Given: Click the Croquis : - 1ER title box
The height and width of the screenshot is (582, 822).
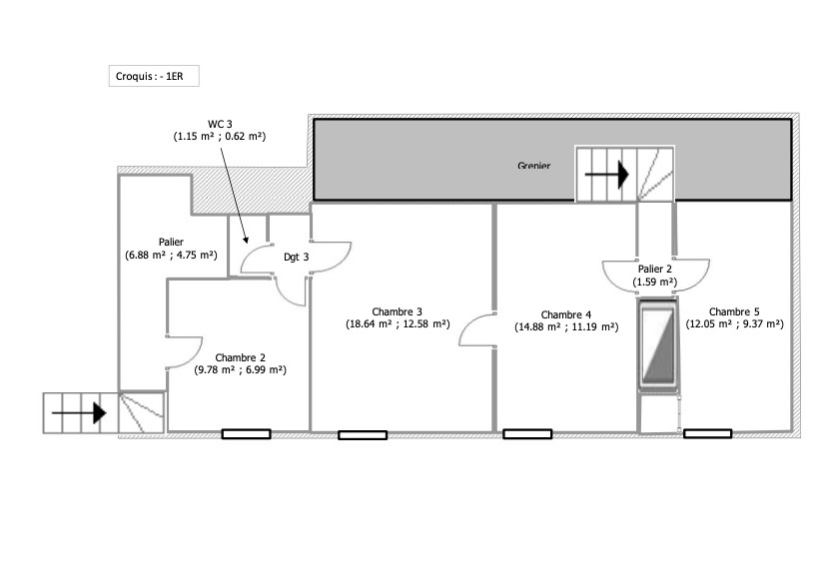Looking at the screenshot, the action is coord(154,76).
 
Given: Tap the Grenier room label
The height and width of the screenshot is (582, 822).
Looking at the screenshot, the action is coord(533,166).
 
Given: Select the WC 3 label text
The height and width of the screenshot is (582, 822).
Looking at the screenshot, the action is coord(220,124).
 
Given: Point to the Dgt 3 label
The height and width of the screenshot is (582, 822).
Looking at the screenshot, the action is coord(297,257).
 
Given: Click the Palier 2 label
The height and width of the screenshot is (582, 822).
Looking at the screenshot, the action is coord(655,269).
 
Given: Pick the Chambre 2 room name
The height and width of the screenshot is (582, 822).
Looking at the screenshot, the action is coord(240,357).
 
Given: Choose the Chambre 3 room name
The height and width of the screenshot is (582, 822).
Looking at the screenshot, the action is coord(397,311).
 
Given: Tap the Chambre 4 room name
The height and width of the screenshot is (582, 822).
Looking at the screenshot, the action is coord(566,314).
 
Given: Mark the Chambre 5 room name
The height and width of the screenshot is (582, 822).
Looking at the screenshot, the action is coord(734,311).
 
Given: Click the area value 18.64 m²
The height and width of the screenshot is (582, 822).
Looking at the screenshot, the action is coord(369,323).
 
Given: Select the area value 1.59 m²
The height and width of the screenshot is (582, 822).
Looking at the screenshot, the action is coord(655,282).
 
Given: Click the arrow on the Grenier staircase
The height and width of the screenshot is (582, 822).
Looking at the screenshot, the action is coord(606,175).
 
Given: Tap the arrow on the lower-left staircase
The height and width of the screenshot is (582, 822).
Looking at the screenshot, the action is coord(79,413).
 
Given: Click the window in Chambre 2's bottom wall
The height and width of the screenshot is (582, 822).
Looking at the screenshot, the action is coord(246,433).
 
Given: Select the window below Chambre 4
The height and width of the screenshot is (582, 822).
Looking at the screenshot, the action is coord(527,433).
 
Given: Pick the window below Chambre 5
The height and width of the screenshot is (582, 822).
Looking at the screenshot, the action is coord(708,433).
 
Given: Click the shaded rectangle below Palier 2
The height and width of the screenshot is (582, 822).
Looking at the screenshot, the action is coord(658,345).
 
